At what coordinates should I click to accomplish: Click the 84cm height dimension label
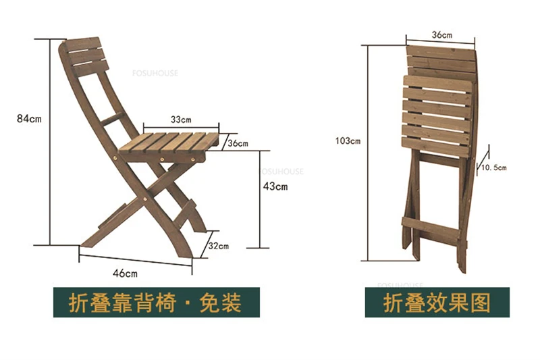(x=28, y=119)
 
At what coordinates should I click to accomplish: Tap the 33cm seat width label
(x=180, y=120)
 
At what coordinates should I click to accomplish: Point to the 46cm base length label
(x=125, y=273)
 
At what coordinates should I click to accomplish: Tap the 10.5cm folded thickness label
(x=493, y=167)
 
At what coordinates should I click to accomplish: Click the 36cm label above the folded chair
(x=441, y=34)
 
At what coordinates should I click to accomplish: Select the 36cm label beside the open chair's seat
(x=238, y=143)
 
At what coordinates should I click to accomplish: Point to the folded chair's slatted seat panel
(x=437, y=111)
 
